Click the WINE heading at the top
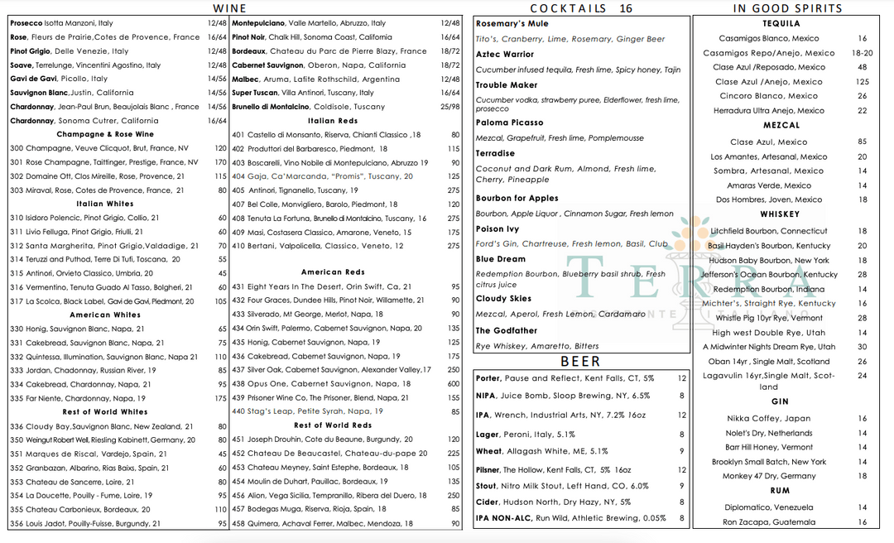point(229,8)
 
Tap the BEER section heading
point(579,362)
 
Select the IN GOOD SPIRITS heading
point(787,8)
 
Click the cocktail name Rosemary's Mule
point(512,24)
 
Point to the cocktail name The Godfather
point(507,331)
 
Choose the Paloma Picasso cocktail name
point(509,123)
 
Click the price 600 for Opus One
point(453,384)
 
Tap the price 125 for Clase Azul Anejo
point(862,82)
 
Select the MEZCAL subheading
point(781,126)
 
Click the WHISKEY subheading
point(780,214)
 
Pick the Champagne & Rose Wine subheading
point(105,134)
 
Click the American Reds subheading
point(333,272)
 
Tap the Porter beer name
point(488,378)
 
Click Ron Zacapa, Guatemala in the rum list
point(768,522)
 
